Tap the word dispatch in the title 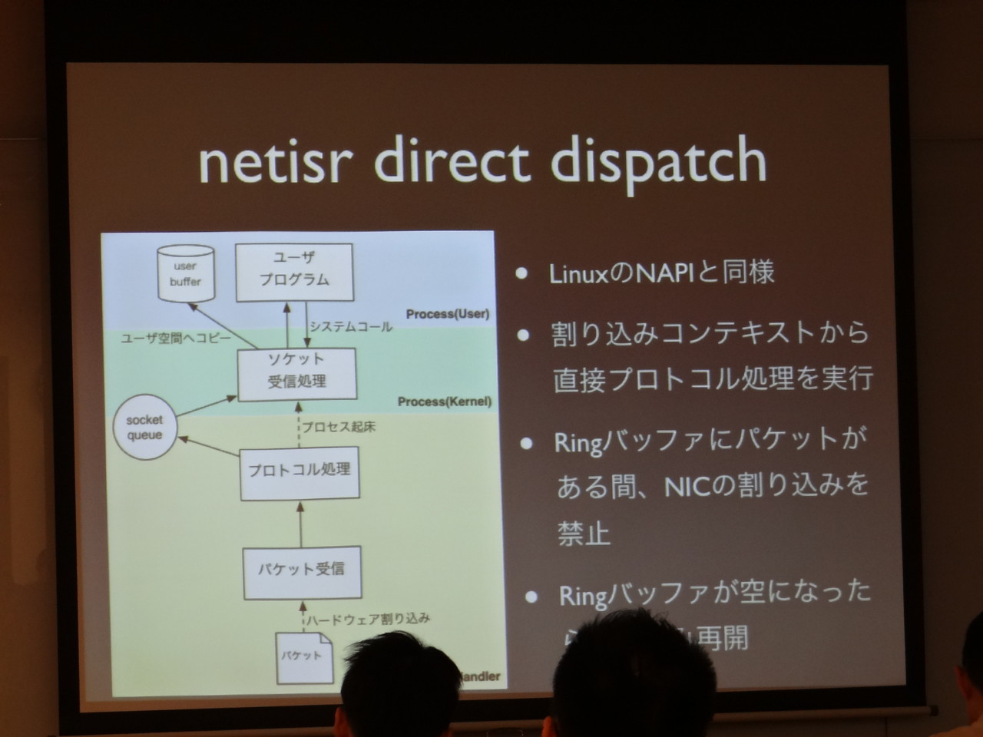coord(659,164)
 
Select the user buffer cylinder coord(185,274)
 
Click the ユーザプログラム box coord(294,271)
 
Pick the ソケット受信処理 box coord(297,373)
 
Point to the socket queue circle coord(145,428)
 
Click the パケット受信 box coord(301,571)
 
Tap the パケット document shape coord(303,656)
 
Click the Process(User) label coord(447,314)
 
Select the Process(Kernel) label coord(444,402)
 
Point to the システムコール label coord(350,326)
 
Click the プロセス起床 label coord(339,427)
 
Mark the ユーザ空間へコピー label coord(176,338)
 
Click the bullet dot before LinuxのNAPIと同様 coord(522,273)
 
